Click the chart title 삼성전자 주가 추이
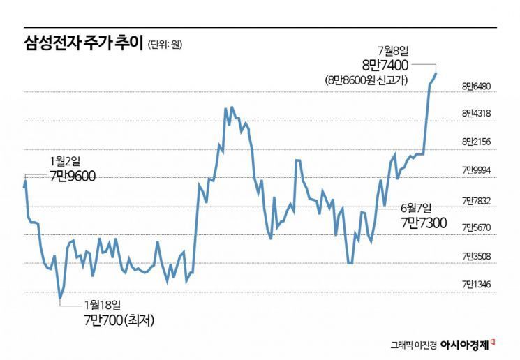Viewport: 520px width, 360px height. point(82,44)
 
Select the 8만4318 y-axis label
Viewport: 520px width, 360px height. point(477,112)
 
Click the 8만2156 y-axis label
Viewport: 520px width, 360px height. point(477,141)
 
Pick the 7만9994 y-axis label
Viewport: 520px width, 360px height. point(477,170)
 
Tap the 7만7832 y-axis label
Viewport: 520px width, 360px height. point(477,200)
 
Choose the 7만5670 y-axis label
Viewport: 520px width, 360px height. point(477,227)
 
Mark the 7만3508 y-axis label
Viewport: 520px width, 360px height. point(477,256)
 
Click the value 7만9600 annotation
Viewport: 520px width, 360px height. point(73,175)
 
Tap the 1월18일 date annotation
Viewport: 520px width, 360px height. point(102,304)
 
